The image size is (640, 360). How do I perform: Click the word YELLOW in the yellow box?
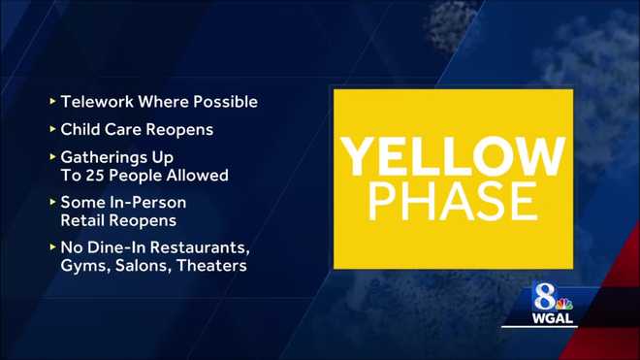[x=453, y=155]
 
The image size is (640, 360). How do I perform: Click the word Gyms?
[x=81, y=265]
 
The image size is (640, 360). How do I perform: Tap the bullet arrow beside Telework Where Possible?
[x=51, y=101]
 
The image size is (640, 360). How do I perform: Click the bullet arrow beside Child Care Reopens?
[x=51, y=126]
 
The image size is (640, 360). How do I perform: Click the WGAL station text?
[x=552, y=316]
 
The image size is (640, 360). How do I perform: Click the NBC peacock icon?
[x=562, y=297]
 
